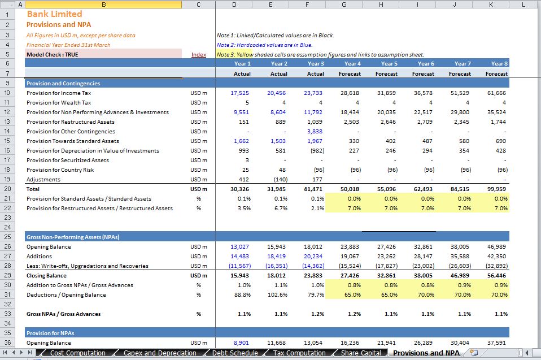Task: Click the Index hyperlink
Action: click(199, 54)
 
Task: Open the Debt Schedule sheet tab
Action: click(235, 353)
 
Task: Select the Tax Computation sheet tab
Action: click(299, 353)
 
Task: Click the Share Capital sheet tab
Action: click(361, 353)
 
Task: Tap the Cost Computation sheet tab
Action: click(77, 353)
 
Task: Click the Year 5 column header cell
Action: click(389, 63)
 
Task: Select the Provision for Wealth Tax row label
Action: click(59, 102)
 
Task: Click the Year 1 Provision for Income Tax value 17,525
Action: click(239, 93)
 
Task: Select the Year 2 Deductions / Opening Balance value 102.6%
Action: click(278, 295)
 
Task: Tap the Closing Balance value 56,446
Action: click(496, 275)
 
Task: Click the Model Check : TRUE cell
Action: click(53, 54)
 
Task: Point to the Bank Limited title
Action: click(55, 14)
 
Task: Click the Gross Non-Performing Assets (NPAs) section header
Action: click(73, 237)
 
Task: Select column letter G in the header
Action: click(344, 5)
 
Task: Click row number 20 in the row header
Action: click(7, 189)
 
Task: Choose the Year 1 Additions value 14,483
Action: click(239, 257)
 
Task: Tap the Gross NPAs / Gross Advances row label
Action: click(63, 314)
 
